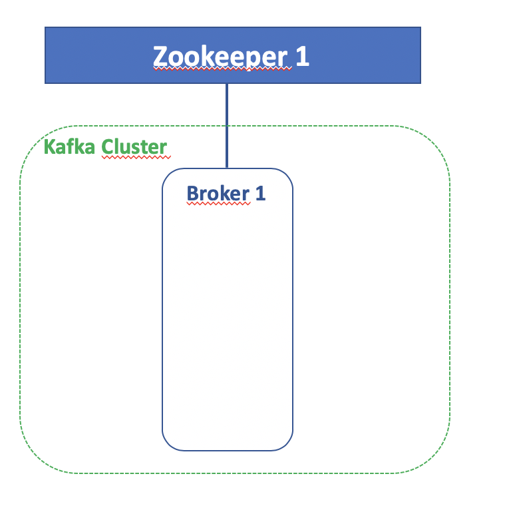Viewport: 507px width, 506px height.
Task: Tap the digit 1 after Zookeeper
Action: point(302,57)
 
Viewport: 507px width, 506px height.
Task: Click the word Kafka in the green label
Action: point(69,146)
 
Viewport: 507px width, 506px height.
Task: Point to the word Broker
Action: point(218,193)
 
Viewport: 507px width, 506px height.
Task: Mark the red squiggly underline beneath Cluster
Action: point(136,158)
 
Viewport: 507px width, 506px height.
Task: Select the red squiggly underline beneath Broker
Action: point(218,204)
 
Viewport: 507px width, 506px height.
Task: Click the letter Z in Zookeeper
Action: point(160,57)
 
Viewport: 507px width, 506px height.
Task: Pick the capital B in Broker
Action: point(193,193)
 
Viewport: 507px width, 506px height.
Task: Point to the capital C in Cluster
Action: point(107,146)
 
